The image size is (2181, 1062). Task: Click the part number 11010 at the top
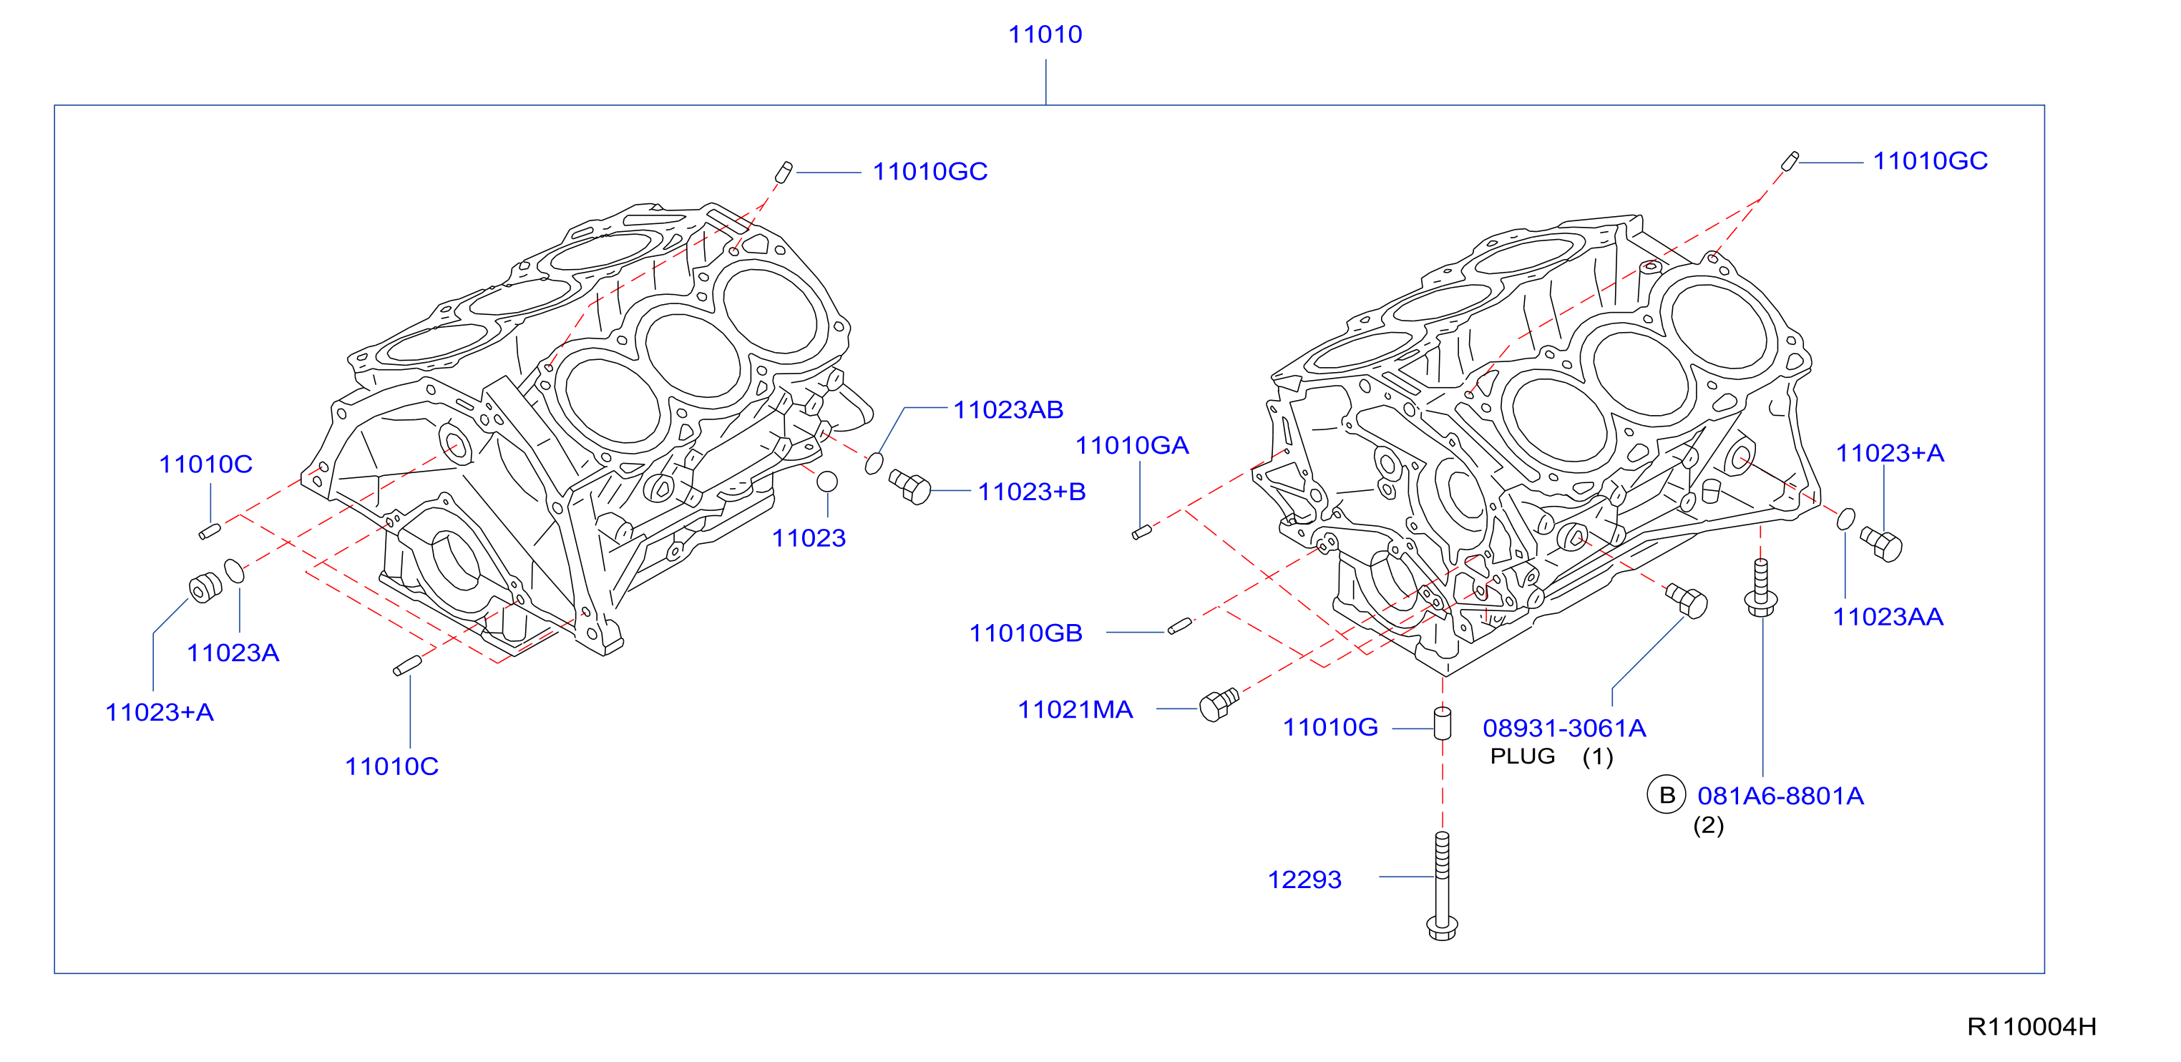coord(1045,35)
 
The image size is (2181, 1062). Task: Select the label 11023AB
coord(1008,410)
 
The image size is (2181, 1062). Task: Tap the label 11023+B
coord(1031,492)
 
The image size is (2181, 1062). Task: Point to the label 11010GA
coord(1132,445)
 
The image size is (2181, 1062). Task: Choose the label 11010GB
coord(1025,633)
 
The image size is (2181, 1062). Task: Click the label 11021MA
coord(1075,710)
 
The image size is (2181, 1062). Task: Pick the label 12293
coord(1304,880)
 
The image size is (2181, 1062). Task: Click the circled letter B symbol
coord(1667,794)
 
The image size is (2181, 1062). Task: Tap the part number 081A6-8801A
coord(1780,796)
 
